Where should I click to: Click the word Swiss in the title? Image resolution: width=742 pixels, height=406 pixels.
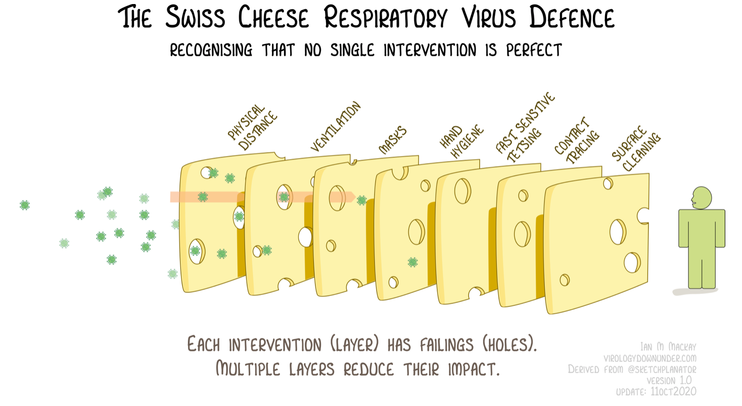(195, 17)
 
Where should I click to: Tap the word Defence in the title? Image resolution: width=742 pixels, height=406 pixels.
(572, 17)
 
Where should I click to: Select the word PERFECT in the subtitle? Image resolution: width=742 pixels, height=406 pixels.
(534, 50)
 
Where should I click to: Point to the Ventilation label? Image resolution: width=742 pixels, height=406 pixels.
(336, 126)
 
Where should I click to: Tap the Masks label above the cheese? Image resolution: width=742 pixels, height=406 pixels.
(393, 140)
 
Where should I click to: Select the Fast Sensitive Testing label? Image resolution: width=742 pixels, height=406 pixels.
(525, 127)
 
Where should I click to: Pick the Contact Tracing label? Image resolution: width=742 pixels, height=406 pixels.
(577, 140)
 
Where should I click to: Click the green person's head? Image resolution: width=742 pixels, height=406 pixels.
(702, 198)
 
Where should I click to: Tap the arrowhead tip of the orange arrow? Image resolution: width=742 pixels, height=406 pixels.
(355, 197)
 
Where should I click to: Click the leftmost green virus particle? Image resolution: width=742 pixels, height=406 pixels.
(24, 205)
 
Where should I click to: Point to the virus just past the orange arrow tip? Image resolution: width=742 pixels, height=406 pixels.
(362, 200)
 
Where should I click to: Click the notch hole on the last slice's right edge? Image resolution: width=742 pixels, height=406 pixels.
(643, 216)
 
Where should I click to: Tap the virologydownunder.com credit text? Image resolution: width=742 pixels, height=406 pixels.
(650, 358)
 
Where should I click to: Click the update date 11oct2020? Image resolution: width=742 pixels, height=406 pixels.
(673, 391)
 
